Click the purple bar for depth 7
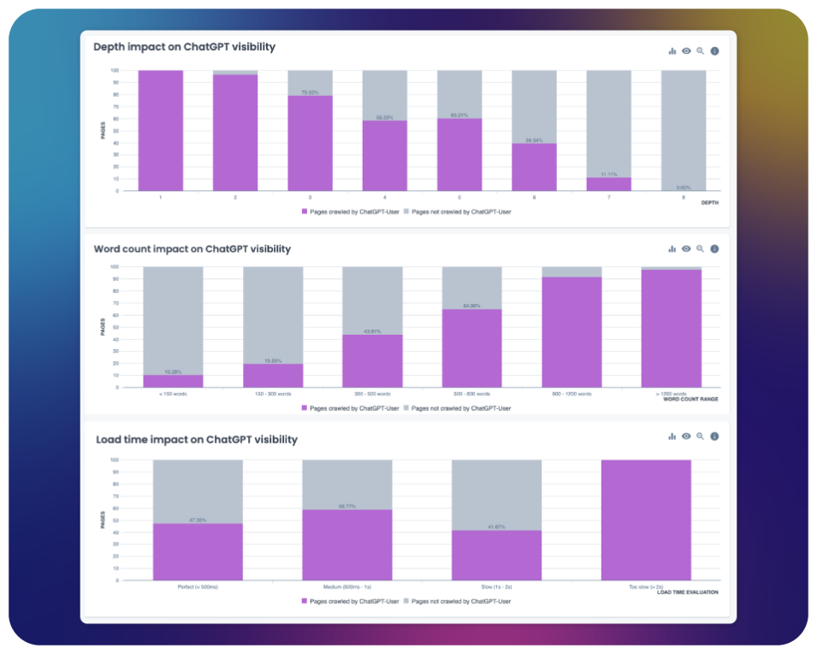point(608,184)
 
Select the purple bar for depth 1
point(161,130)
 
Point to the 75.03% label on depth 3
point(310,92)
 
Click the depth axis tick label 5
point(459,198)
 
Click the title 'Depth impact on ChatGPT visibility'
point(184,47)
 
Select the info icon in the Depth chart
point(714,51)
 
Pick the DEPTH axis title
point(709,203)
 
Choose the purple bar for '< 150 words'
point(173,381)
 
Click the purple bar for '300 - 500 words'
point(372,360)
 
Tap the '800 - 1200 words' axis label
point(571,394)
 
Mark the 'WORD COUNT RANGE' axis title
point(690,400)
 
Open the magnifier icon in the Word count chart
point(700,249)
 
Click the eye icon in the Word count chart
point(686,249)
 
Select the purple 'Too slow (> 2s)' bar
point(646,520)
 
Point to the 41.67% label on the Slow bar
point(496,526)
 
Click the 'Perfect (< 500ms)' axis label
point(198,586)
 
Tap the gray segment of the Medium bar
point(346,485)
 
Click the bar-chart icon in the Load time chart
point(672,437)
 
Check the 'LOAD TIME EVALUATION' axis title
point(687,592)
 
